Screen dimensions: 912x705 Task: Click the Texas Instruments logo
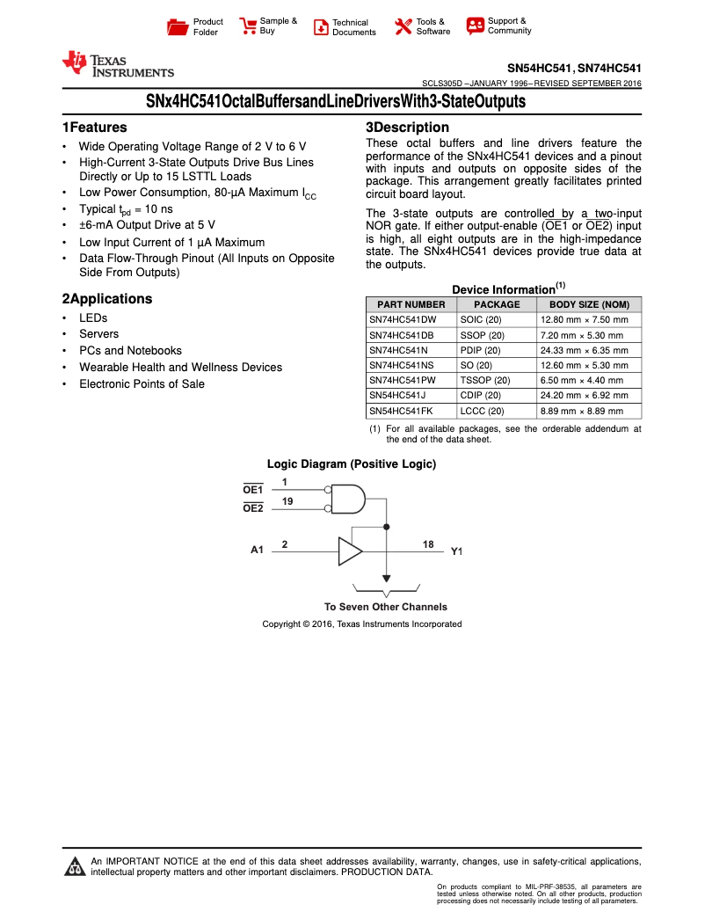point(117,65)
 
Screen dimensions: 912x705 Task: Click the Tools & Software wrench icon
point(403,26)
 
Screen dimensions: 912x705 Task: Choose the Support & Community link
point(509,26)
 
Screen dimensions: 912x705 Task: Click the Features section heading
point(94,128)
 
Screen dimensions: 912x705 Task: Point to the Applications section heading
point(106,299)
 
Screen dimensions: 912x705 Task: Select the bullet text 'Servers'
point(98,334)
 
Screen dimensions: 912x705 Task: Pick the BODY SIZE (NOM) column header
point(588,304)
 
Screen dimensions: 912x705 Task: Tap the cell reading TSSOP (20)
point(484,381)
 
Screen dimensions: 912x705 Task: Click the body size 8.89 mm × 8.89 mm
point(584,411)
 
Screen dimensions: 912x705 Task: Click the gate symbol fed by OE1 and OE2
point(346,499)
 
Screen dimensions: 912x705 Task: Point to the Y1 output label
point(456,551)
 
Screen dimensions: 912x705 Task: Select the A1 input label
point(257,551)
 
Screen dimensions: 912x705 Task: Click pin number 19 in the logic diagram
point(287,500)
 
